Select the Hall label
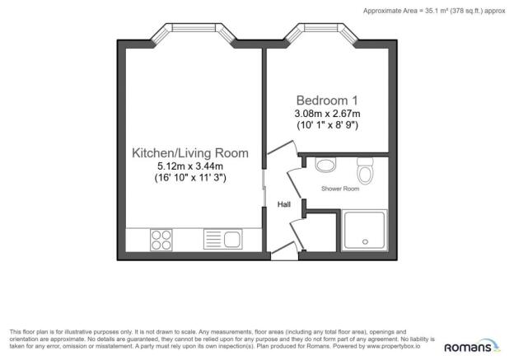283,204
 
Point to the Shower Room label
339,189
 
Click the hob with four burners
161,240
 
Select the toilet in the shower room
366,171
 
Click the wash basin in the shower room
325,165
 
